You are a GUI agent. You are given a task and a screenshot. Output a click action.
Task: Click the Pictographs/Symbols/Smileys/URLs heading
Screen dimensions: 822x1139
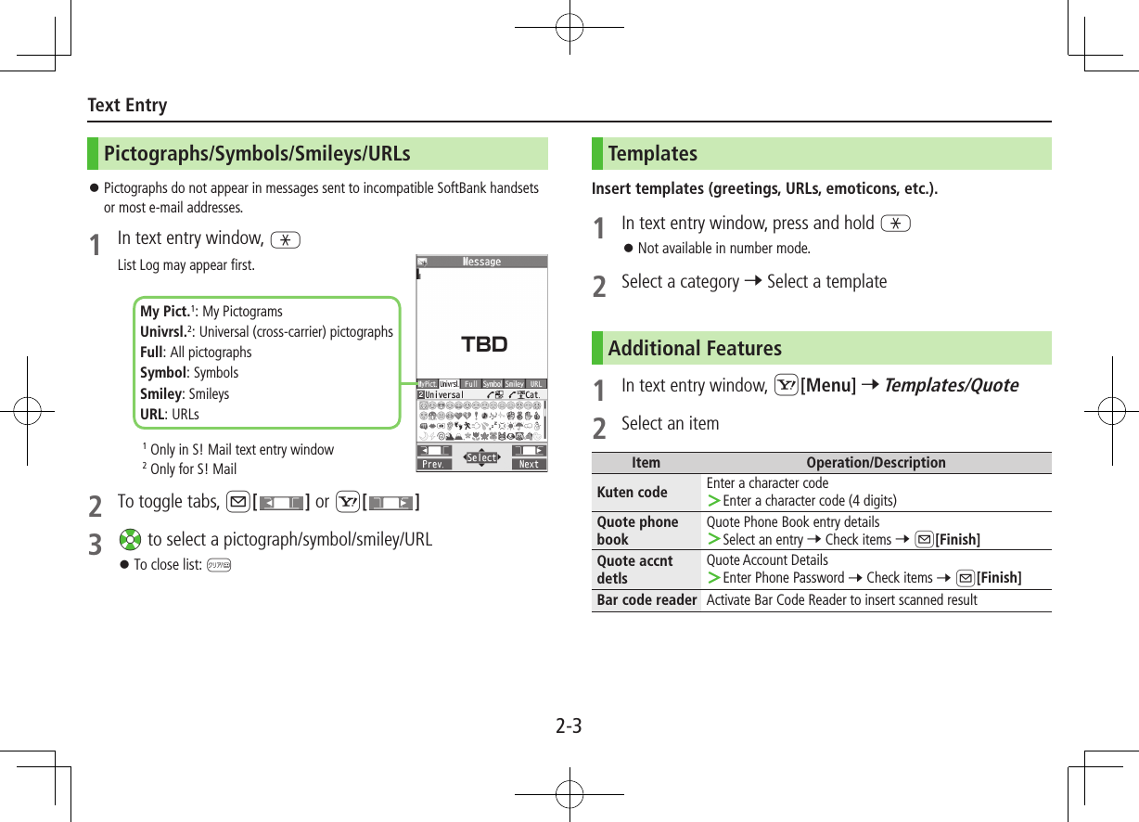coord(257,154)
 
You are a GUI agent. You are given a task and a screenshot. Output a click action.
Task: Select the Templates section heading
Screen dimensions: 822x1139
coord(653,154)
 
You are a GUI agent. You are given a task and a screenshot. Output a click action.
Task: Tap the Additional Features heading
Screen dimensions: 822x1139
coord(695,349)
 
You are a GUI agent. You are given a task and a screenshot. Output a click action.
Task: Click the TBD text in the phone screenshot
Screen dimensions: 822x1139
coord(484,345)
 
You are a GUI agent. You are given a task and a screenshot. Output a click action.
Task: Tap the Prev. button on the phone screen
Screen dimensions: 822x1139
coord(434,464)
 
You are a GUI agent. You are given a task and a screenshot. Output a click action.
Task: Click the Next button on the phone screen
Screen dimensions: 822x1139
coord(529,464)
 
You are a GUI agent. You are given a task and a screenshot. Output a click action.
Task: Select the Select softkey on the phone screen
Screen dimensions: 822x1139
coord(481,457)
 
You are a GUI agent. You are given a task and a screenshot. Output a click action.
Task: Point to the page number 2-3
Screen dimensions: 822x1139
coord(569,726)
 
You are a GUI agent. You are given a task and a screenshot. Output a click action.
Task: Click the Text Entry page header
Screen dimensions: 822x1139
coord(127,105)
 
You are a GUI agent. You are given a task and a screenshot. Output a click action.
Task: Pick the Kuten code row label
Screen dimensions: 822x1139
coord(632,492)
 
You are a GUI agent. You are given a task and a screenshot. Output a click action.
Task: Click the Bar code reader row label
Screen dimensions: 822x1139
coord(646,600)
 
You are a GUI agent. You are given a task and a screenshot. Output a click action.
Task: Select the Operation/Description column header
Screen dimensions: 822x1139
coord(876,463)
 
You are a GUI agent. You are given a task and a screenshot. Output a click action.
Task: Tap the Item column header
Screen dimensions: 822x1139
coord(646,463)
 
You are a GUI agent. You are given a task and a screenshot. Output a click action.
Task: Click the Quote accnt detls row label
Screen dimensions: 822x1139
coord(634,569)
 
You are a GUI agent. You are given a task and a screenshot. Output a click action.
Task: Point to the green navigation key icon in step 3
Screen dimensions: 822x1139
coord(130,540)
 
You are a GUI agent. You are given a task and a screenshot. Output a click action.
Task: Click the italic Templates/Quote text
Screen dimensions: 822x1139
coord(951,385)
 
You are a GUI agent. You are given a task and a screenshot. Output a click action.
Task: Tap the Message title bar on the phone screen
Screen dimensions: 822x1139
coord(481,262)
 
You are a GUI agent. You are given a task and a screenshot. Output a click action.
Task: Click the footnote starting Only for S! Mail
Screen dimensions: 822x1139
coord(193,469)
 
